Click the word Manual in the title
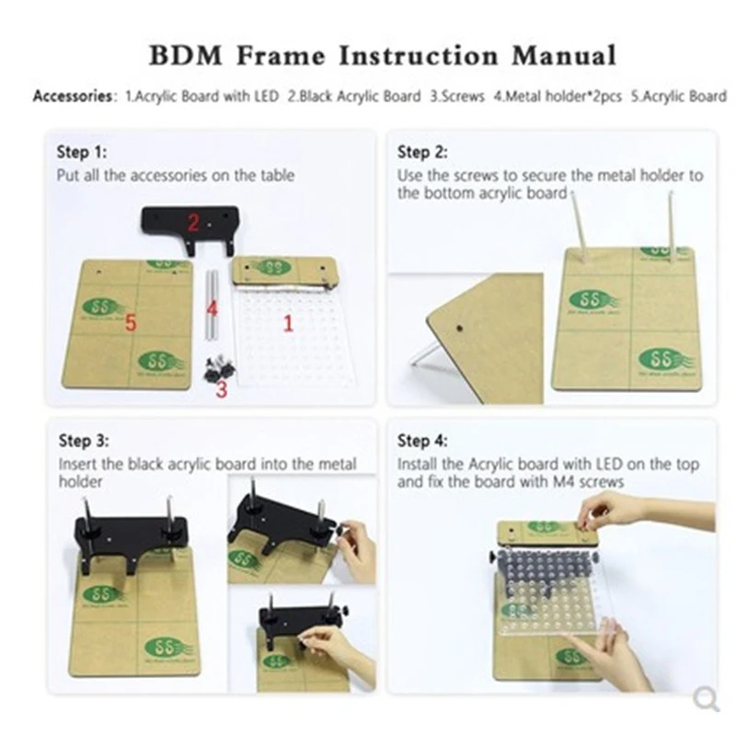[562, 54]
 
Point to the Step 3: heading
[87, 441]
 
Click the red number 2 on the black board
[193, 222]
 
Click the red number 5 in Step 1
[131, 322]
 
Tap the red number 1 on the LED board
[287, 323]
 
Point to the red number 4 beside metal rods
[212, 306]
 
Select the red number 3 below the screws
[221, 389]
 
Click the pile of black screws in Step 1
[219, 367]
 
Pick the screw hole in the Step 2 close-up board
[459, 325]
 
